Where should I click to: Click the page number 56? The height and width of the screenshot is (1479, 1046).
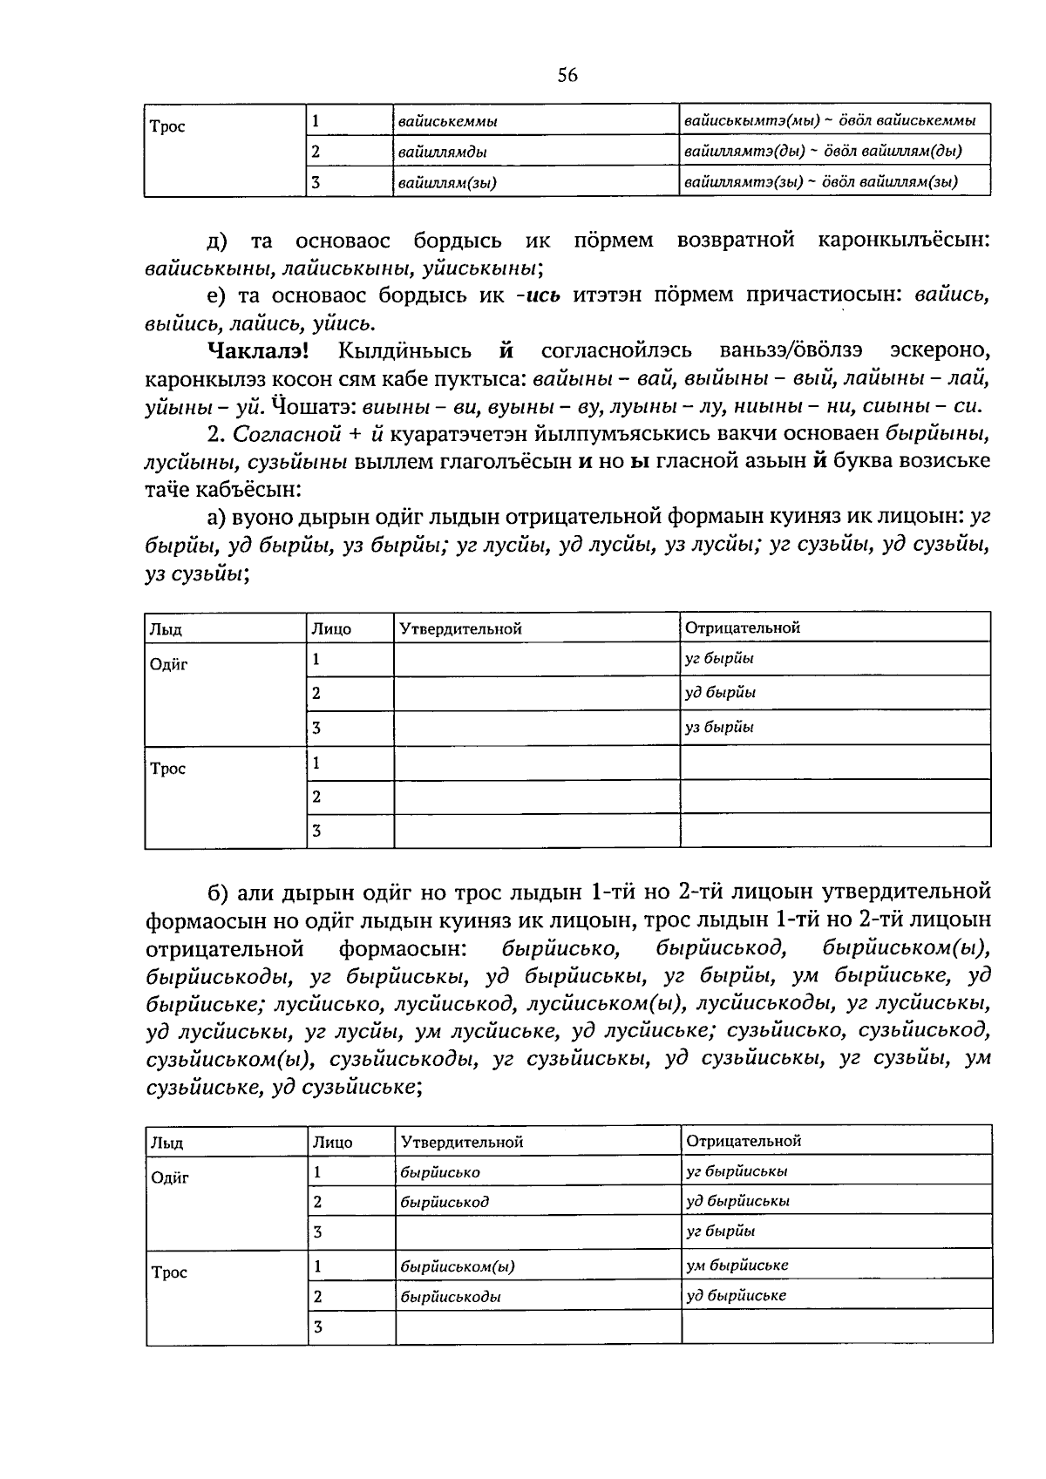(x=567, y=76)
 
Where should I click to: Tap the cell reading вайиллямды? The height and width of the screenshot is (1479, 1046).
(x=442, y=152)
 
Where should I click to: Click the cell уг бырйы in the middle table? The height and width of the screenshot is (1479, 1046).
(x=719, y=659)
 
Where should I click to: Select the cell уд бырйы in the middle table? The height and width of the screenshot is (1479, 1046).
(x=720, y=693)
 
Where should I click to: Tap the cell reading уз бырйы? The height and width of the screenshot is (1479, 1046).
(x=719, y=727)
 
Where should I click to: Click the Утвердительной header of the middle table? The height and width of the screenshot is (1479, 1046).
(x=460, y=628)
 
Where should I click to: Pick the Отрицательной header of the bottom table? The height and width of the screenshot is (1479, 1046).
(x=744, y=1141)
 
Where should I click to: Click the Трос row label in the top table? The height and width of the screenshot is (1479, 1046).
(x=167, y=127)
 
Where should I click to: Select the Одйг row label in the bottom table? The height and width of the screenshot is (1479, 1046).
(x=170, y=1178)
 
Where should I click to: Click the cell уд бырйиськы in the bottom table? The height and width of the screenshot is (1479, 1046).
(x=737, y=1201)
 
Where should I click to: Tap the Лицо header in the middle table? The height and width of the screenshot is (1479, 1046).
(x=331, y=628)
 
